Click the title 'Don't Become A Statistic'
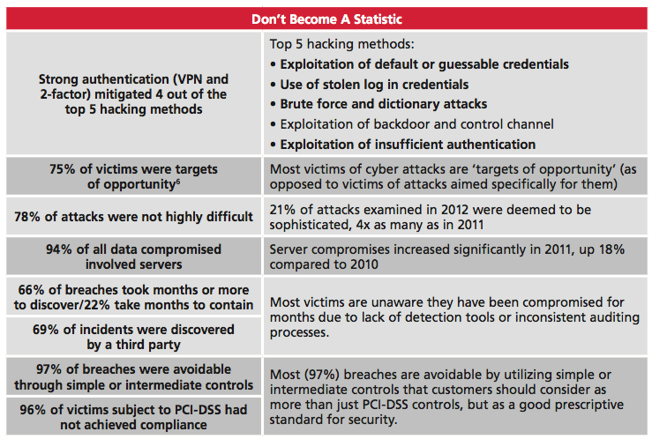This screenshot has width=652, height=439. point(326,19)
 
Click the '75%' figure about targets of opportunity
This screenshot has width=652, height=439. point(63,169)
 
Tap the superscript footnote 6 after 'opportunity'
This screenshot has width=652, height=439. point(178,181)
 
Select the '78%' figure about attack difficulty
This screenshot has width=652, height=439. point(27,216)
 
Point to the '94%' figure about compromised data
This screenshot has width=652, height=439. point(59,249)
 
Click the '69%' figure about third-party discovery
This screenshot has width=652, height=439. point(46,330)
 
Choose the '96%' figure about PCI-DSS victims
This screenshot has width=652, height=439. point(33,410)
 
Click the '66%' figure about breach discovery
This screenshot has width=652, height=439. point(32,289)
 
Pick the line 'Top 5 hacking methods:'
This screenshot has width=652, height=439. point(341,44)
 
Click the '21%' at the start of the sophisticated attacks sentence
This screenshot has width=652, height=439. point(282,209)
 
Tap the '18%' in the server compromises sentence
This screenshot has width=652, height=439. point(611,249)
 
